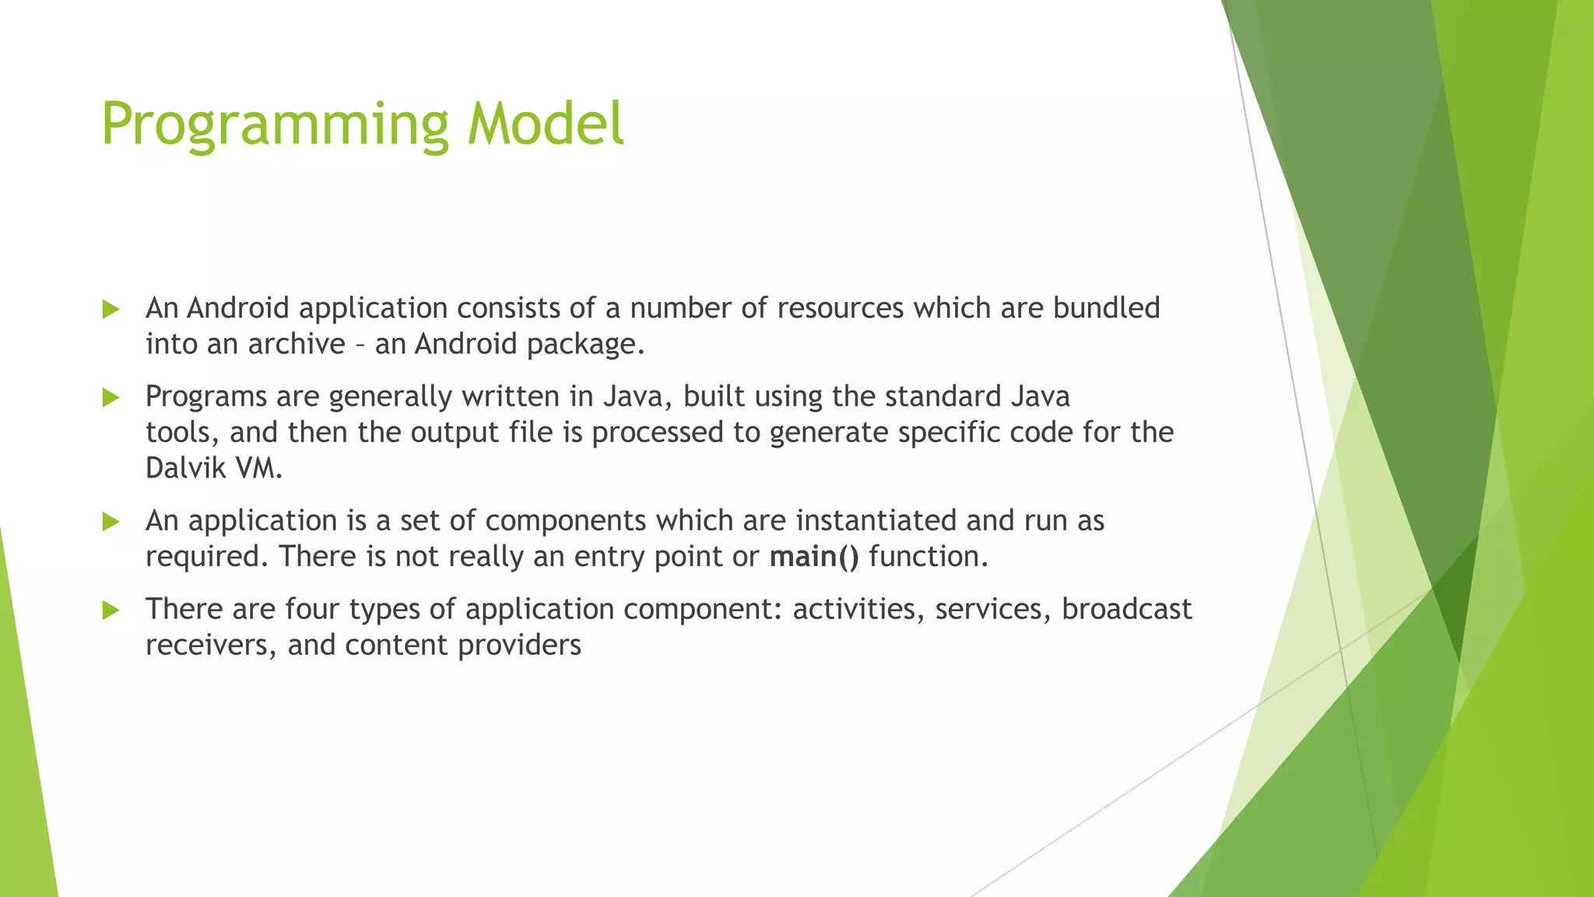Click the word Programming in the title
275,125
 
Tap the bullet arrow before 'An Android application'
111,310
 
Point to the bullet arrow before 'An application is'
111,522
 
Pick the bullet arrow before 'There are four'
111,610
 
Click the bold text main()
814,557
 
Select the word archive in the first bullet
296,344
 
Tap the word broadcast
1126,609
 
